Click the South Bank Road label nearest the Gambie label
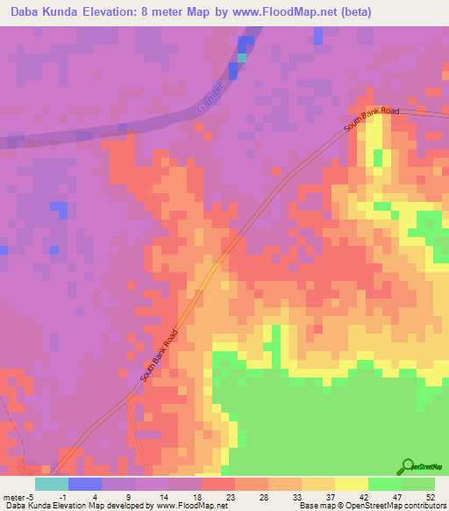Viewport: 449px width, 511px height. [372, 121]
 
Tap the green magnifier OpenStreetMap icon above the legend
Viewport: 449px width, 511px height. [409, 467]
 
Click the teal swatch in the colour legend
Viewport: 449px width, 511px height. [52, 484]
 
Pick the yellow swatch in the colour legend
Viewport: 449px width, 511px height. [352, 484]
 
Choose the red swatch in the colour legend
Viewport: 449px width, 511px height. [218, 484]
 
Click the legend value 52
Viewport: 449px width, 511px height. [431, 496]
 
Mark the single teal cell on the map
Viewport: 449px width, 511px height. [242, 58]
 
